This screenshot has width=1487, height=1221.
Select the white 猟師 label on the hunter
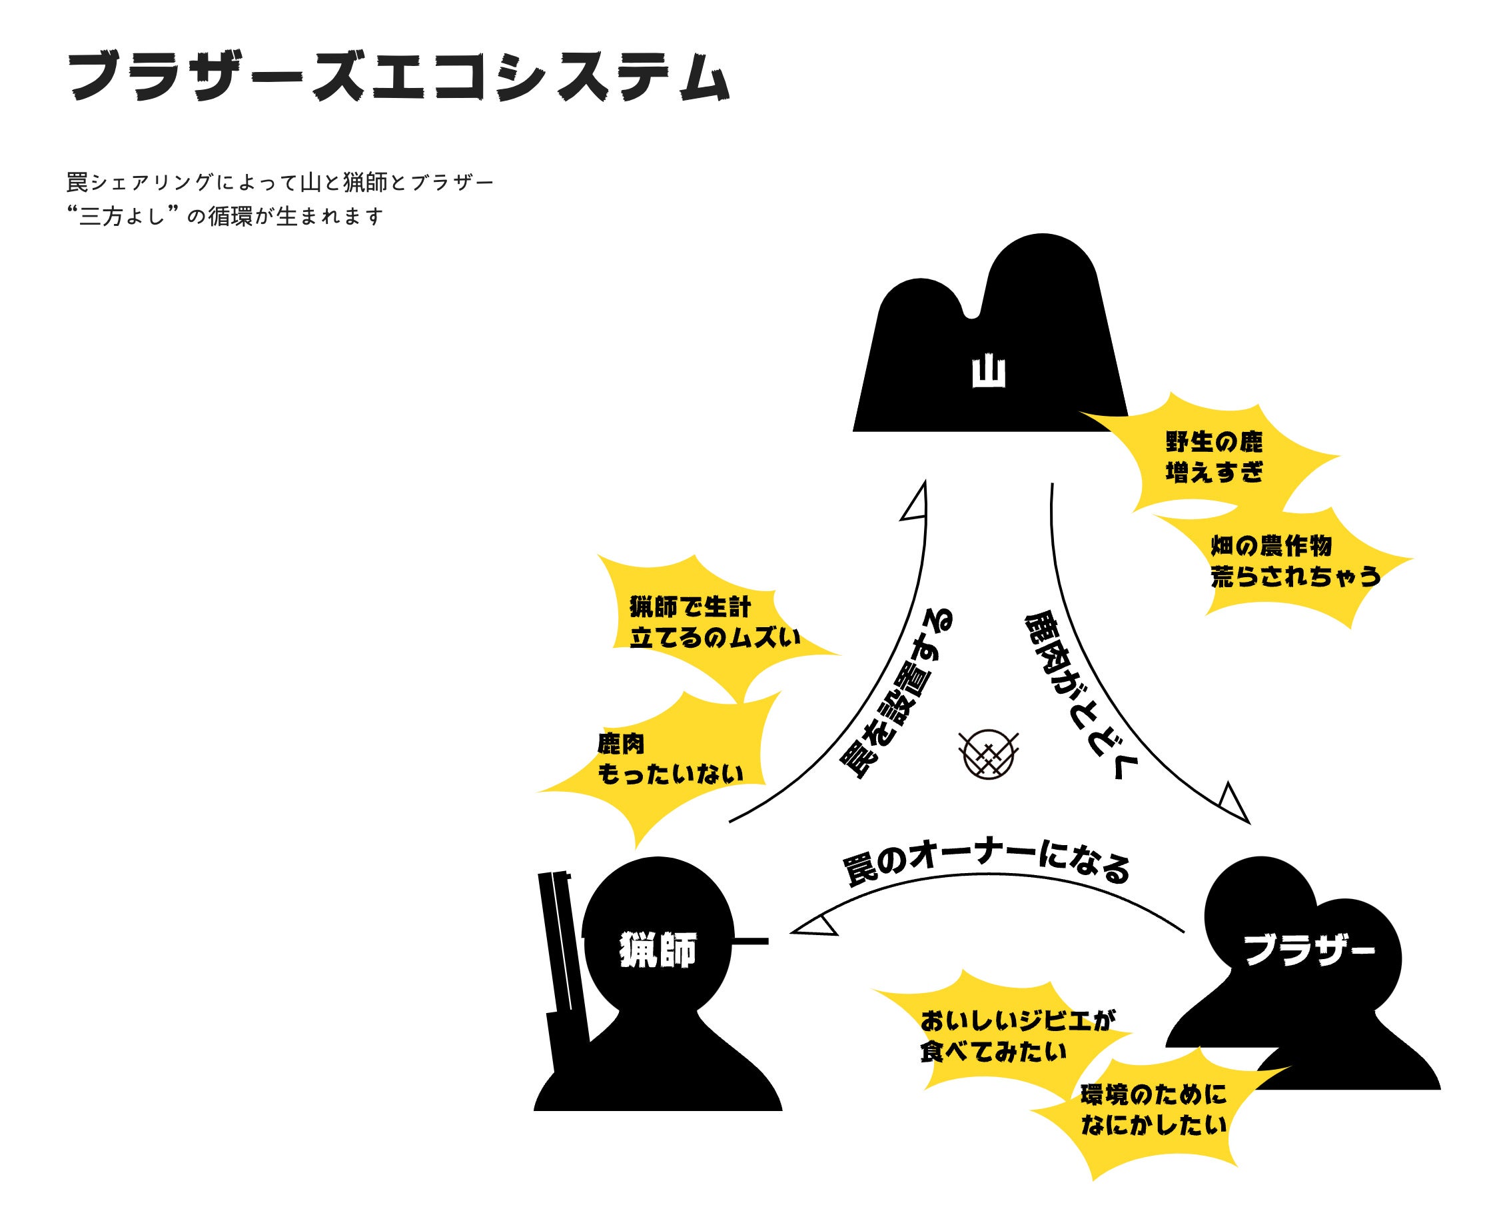tap(658, 950)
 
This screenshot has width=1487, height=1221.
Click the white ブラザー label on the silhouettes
tap(1308, 950)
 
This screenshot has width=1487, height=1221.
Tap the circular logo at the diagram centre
tap(989, 754)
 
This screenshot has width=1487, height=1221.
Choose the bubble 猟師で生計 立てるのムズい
tap(714, 622)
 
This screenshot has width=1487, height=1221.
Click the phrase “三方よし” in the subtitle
tap(121, 217)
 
